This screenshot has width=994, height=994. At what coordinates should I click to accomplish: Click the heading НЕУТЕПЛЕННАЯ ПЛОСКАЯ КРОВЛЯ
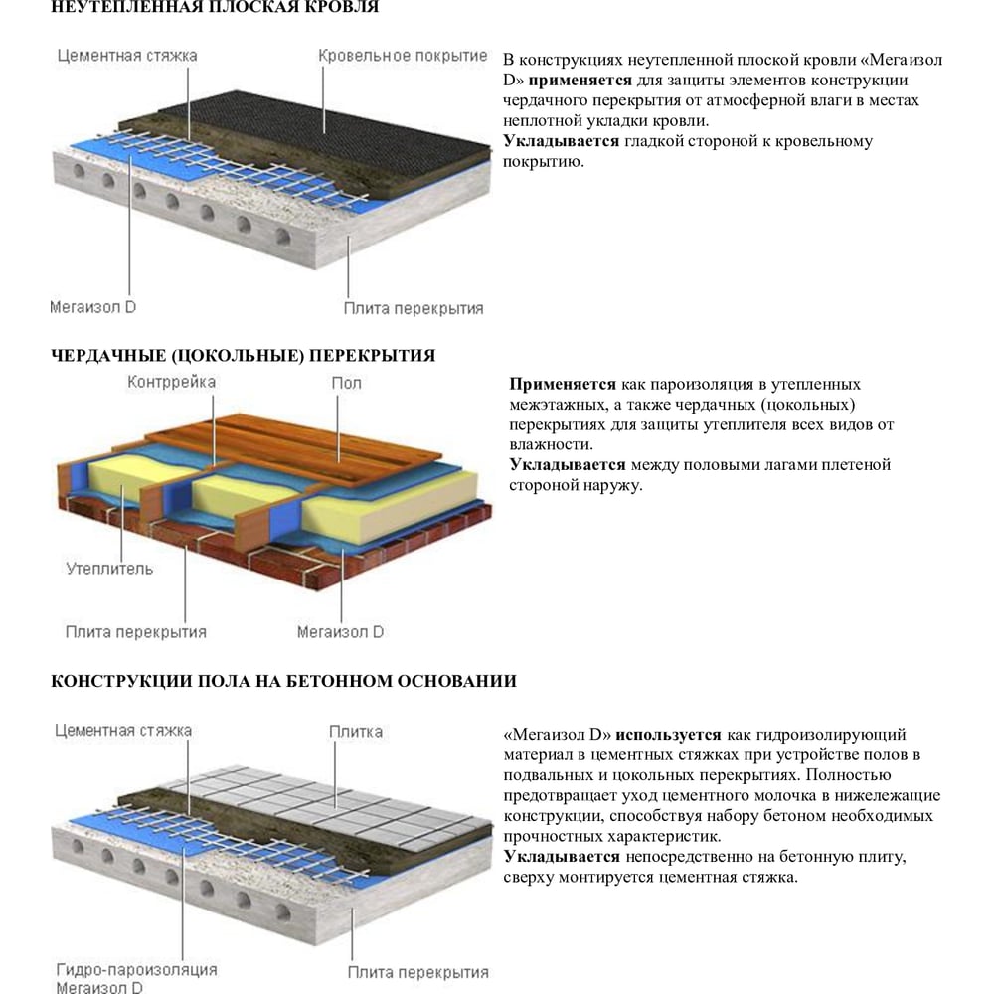tap(215, 7)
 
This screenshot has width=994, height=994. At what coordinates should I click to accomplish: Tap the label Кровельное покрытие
tap(403, 56)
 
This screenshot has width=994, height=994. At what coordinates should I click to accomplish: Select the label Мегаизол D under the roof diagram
tap(93, 307)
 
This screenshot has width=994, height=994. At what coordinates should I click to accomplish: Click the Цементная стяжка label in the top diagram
tap(127, 56)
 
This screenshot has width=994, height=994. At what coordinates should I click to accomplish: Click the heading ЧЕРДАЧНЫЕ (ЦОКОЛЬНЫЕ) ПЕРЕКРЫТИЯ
tap(244, 355)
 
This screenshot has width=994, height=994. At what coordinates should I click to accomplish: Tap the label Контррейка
tap(171, 382)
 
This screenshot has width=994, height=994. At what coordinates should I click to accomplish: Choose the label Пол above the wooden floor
tap(346, 383)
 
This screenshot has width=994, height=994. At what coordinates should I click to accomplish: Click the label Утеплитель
tap(109, 569)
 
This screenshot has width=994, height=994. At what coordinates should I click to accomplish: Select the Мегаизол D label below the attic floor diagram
tap(340, 632)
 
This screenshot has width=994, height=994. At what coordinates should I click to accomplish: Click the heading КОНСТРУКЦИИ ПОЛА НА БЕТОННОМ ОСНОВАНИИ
tap(284, 681)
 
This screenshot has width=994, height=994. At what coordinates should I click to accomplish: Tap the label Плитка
tap(356, 732)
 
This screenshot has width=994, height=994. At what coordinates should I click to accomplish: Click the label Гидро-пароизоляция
tap(137, 970)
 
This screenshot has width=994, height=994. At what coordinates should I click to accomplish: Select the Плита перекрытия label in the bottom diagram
tap(418, 972)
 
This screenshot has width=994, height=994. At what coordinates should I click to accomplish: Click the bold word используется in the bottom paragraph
tap(668, 735)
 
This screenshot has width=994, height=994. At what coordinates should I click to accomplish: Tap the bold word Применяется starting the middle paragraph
tap(563, 384)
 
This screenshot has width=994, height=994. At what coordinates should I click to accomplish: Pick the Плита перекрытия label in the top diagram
tap(414, 309)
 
